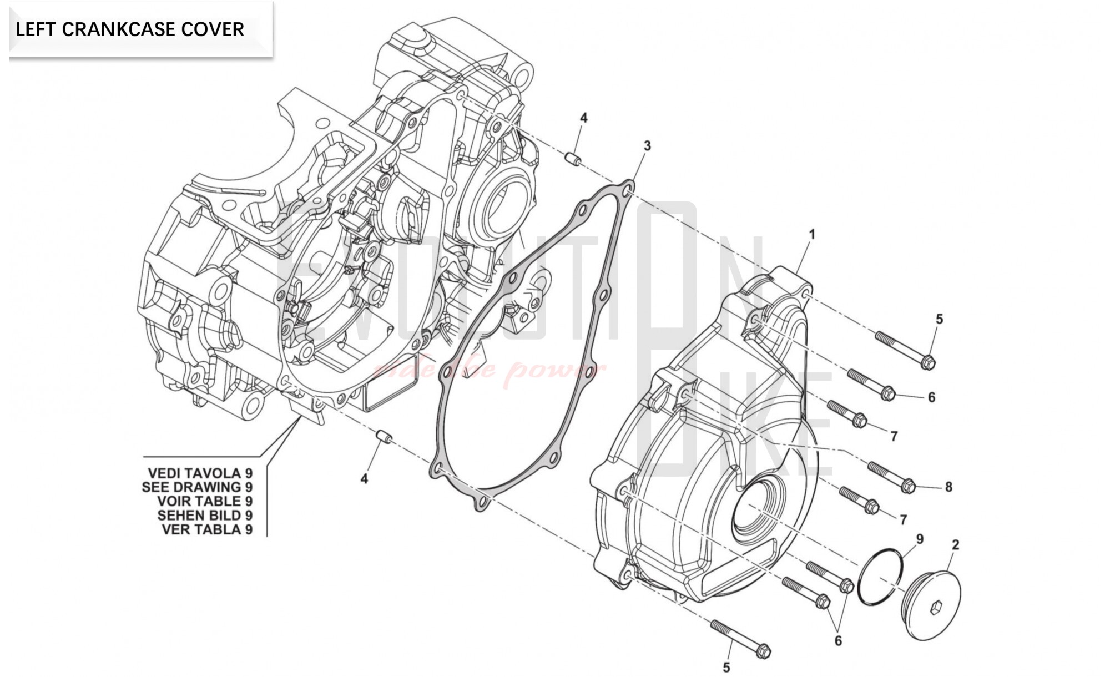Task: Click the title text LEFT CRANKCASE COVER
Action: pyautogui.click(x=130, y=29)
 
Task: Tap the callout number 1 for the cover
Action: pyautogui.click(x=812, y=235)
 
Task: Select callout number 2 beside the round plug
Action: pyautogui.click(x=955, y=545)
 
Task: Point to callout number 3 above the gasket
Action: pyautogui.click(x=647, y=146)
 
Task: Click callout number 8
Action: pyautogui.click(x=948, y=487)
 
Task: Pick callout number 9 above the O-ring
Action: pyautogui.click(x=920, y=539)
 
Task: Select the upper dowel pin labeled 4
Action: pyautogui.click(x=573, y=159)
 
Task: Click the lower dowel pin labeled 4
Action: pyautogui.click(x=383, y=437)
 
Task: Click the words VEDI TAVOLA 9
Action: pyautogui.click(x=200, y=473)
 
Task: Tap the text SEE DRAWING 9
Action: pyautogui.click(x=197, y=487)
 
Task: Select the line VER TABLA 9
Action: pyautogui.click(x=207, y=529)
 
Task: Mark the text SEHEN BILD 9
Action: pyautogui.click(x=205, y=516)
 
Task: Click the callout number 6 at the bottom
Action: pyautogui.click(x=837, y=641)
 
